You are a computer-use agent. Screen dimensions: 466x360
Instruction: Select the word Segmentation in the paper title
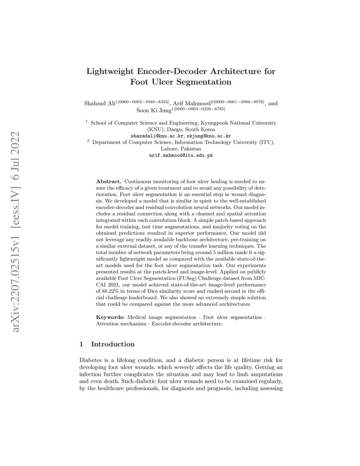(204, 82)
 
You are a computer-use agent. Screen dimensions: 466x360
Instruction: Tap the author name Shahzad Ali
(99, 103)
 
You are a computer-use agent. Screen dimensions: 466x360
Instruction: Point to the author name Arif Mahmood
(191, 103)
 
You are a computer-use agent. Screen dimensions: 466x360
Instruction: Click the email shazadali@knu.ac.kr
(157, 136)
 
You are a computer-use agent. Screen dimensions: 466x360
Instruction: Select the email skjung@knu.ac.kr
(208, 136)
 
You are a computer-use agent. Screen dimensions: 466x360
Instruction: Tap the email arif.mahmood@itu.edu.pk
(181, 155)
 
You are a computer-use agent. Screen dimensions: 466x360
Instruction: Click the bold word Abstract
(109, 181)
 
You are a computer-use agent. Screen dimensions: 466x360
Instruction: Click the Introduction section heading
(112, 344)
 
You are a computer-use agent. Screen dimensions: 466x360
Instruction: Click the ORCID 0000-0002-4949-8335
(143, 102)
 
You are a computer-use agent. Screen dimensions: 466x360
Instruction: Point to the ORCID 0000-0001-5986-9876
(239, 102)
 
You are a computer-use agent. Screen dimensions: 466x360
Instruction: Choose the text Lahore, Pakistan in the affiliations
(181, 149)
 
